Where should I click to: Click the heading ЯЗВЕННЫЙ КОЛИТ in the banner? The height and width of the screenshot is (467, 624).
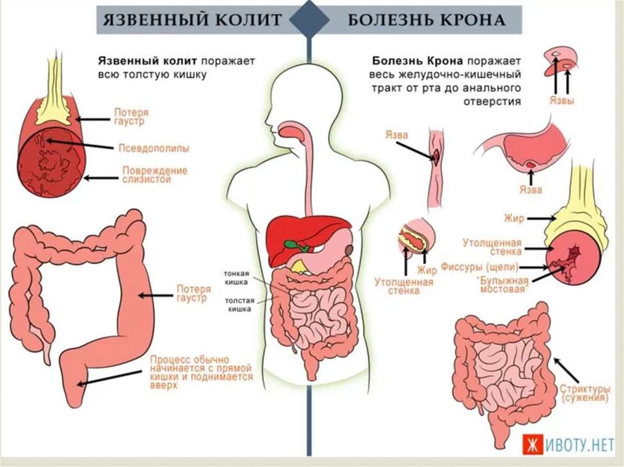tap(192, 20)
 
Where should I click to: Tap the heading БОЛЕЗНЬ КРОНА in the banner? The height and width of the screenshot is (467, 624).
tap(427, 20)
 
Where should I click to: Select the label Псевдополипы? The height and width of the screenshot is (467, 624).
tap(154, 149)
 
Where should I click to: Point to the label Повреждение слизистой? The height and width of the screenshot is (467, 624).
tap(154, 175)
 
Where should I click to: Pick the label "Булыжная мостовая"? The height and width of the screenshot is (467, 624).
tap(504, 284)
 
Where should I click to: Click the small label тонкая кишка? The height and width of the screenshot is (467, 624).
tap(236, 278)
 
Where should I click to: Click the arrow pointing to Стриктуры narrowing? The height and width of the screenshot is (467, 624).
tap(567, 370)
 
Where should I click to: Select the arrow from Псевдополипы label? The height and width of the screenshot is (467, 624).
tap(80, 144)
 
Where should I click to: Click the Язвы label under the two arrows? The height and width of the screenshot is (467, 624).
tap(561, 100)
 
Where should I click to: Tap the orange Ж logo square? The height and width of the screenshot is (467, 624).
tap(532, 444)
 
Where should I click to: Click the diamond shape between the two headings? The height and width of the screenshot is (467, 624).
tap(309, 19)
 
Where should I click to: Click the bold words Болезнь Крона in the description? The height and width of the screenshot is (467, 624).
tap(417, 61)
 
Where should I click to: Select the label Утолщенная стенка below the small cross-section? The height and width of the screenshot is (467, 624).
tap(403, 286)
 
